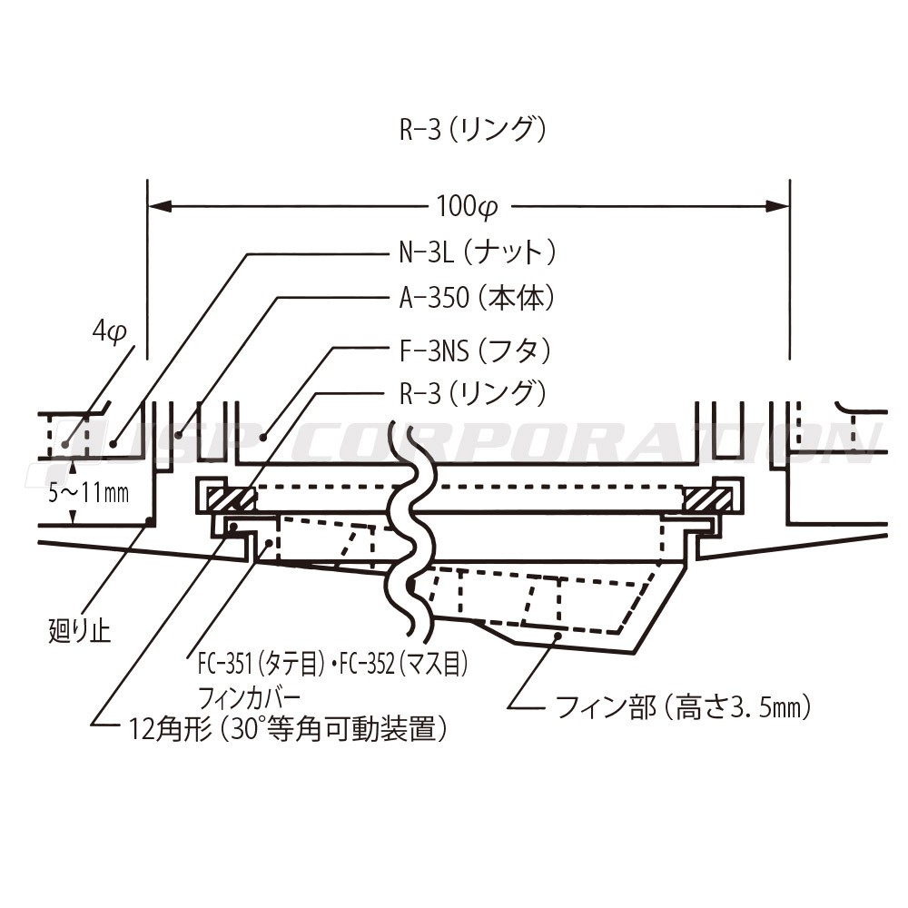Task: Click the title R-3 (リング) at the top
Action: (473, 131)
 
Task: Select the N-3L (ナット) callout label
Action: (477, 252)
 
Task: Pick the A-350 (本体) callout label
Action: (477, 298)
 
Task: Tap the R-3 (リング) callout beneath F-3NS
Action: (473, 393)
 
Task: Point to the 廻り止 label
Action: (79, 630)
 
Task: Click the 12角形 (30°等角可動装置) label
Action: (289, 728)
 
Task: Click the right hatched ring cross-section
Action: (708, 498)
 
